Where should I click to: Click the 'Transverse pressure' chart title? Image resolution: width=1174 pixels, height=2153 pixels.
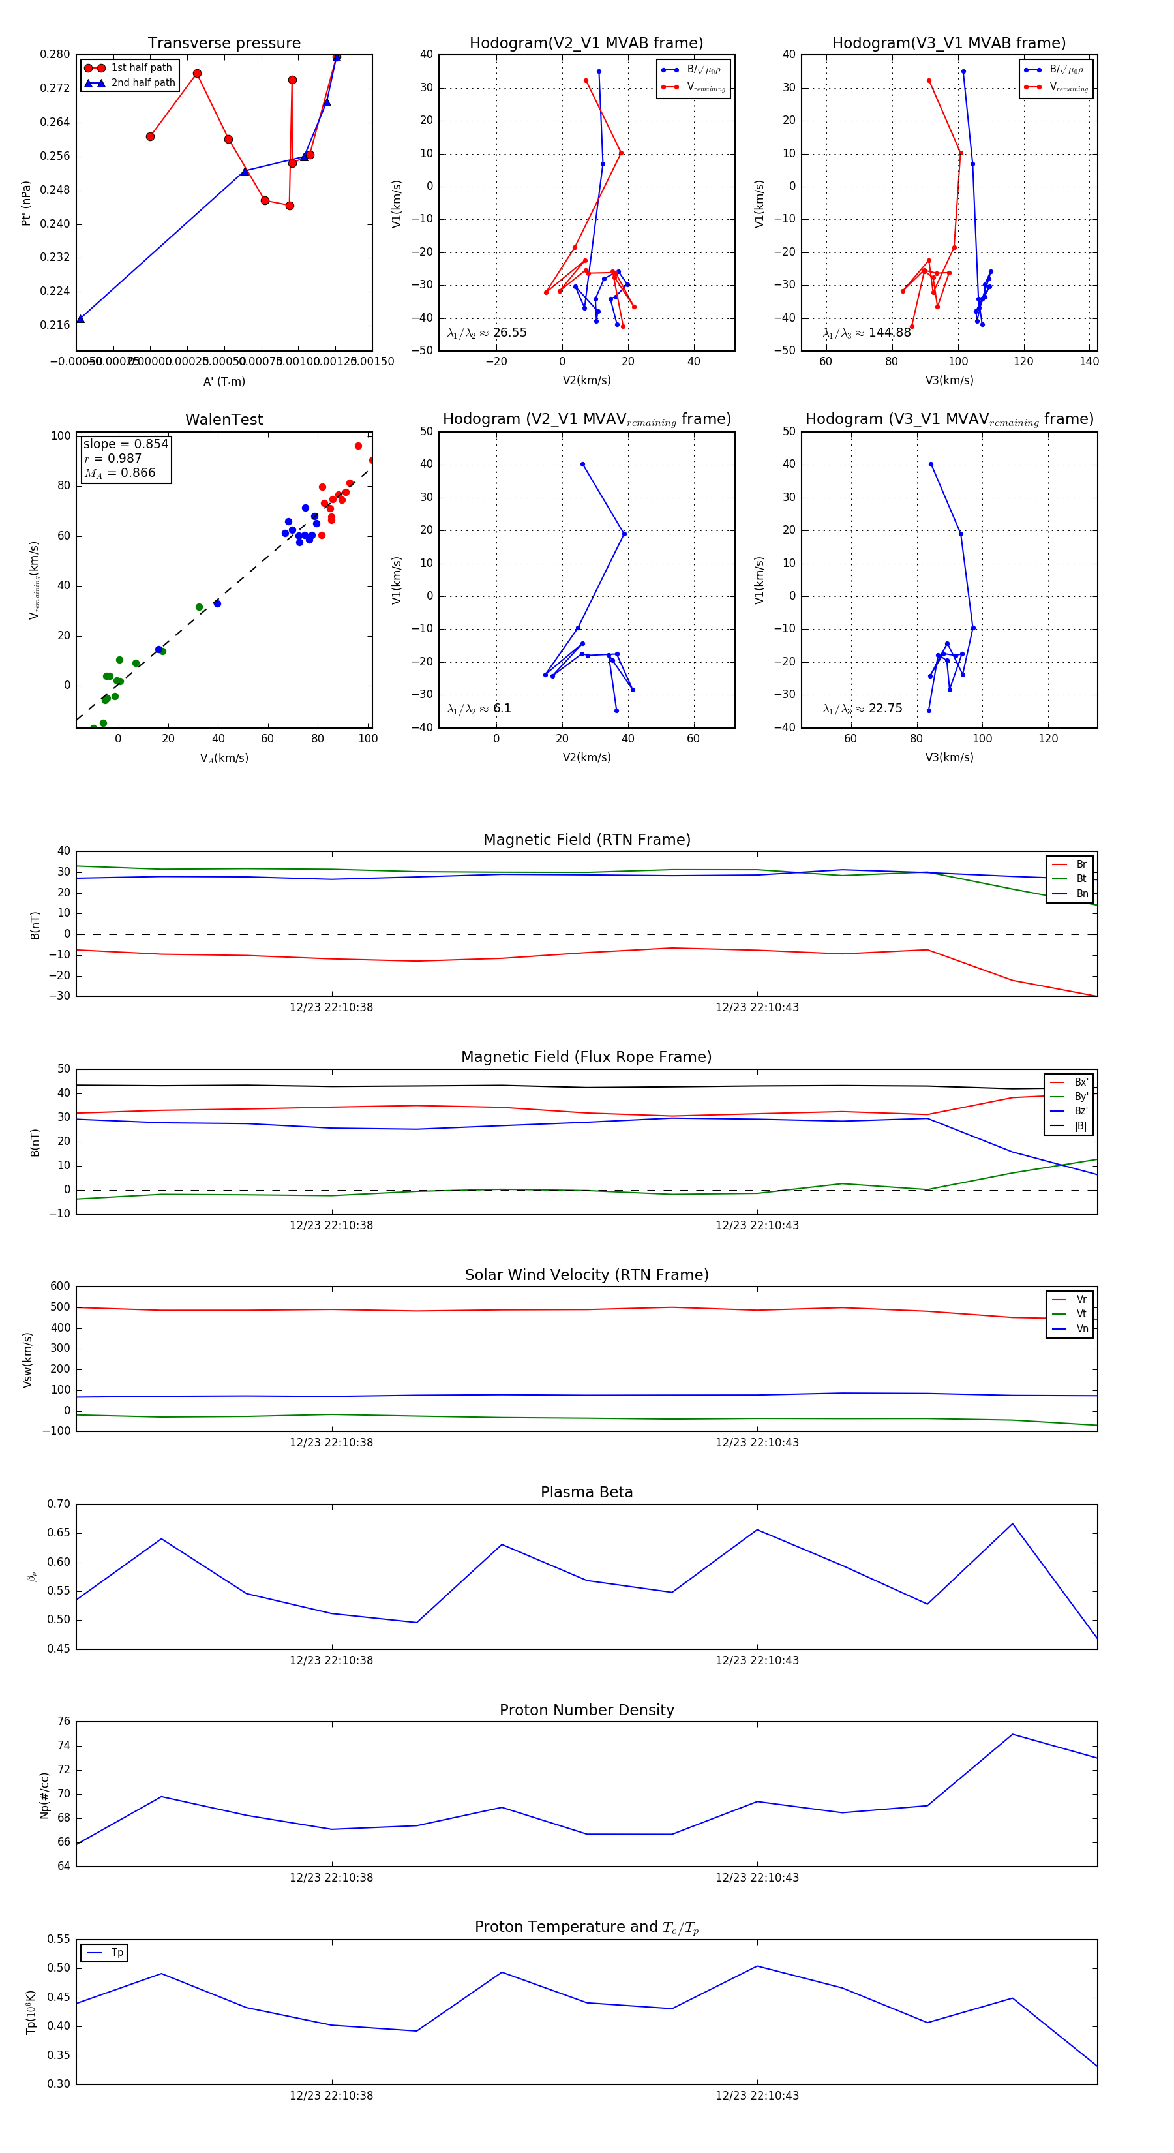click(x=224, y=44)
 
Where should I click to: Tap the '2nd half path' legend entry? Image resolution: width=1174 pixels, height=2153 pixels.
click(x=143, y=83)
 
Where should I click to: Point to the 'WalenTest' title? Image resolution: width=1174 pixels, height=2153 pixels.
click(x=224, y=420)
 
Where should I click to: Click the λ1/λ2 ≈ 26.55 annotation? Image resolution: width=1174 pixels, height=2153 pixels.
click(x=487, y=333)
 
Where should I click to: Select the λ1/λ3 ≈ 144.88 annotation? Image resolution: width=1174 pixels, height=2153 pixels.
click(x=867, y=333)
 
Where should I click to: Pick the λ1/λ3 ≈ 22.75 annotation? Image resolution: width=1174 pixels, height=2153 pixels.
click(x=862, y=709)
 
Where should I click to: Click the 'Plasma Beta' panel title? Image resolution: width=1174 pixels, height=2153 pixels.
click(x=586, y=1493)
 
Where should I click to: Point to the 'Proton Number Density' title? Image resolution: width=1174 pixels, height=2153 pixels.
click(x=586, y=1710)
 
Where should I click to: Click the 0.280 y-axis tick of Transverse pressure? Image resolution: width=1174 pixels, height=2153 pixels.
click(x=55, y=54)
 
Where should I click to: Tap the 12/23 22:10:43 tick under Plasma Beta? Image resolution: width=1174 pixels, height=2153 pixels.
click(x=756, y=1660)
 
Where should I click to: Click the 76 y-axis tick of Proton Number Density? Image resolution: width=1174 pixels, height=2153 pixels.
click(x=63, y=1722)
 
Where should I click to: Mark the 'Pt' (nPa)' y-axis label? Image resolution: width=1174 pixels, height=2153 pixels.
click(x=27, y=203)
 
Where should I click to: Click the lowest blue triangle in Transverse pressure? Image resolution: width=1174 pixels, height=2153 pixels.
click(x=80, y=319)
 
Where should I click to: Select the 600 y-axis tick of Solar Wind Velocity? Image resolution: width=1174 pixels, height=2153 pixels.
click(x=60, y=1287)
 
